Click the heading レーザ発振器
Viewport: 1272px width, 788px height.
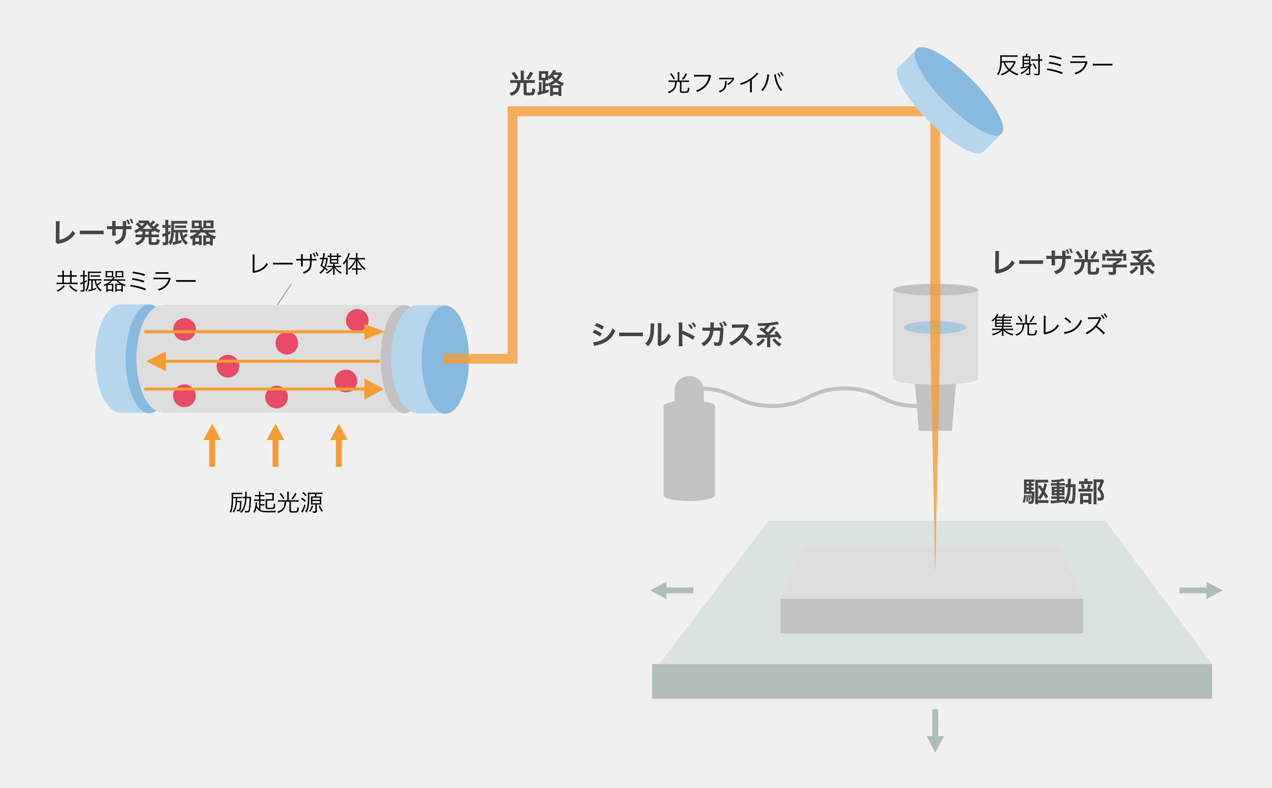[x=135, y=233]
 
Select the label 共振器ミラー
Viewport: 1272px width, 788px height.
[x=126, y=282]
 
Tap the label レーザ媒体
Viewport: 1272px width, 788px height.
[x=307, y=264]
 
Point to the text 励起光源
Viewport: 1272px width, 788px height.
[x=276, y=503]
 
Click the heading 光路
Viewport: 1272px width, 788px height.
[x=536, y=83]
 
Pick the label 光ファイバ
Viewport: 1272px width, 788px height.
[x=725, y=83]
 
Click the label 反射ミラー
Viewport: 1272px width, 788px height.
[x=1054, y=66]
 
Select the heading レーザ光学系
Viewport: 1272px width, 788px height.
[x=1074, y=262]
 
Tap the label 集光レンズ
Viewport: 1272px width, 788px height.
[x=1048, y=325]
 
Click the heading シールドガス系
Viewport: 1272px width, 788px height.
[x=686, y=334]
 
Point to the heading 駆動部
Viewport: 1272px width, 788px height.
[x=1064, y=492]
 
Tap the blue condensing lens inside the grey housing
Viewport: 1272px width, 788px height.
[x=934, y=327]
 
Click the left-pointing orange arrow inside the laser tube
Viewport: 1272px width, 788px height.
[x=157, y=361]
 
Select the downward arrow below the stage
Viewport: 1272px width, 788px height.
[x=935, y=730]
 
